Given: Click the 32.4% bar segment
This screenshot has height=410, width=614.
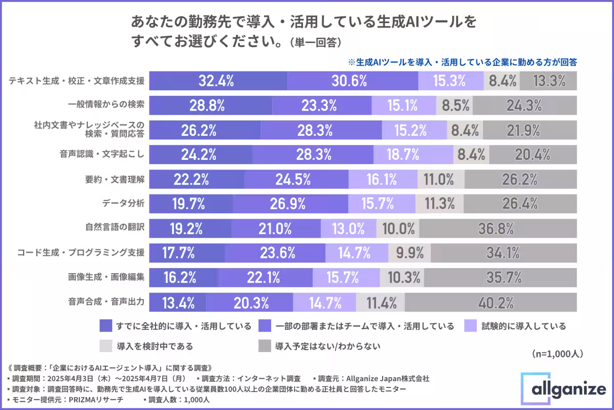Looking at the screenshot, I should [218, 80].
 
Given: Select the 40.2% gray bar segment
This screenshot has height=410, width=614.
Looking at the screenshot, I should [496, 302].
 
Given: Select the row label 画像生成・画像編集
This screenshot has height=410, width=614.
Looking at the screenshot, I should [106, 277].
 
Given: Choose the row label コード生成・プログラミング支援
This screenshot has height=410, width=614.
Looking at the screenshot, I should [81, 253].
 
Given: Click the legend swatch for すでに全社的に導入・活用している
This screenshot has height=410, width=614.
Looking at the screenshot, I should [105, 326].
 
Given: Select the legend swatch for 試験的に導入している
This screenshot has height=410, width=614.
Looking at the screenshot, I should [471, 326].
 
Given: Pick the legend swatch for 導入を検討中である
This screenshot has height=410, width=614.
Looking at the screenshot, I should [105, 346].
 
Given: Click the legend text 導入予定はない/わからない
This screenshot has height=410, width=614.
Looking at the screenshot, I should [327, 346].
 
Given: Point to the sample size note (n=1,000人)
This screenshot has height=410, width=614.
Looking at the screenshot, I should [558, 354].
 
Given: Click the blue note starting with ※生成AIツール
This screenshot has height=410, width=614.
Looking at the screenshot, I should [463, 62].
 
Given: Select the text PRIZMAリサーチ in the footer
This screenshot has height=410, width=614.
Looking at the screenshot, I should [88, 400].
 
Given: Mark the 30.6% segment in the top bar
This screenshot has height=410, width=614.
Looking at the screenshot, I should [353, 80].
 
